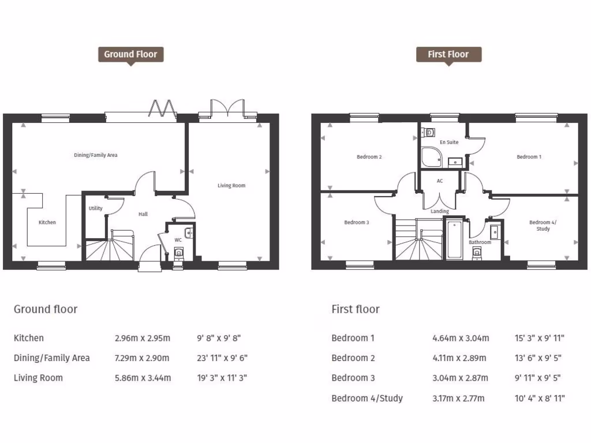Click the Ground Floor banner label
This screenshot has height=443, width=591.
130,54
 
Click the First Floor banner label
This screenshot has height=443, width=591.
448,54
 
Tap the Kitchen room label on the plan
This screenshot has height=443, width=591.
47,222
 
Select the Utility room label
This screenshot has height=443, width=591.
95,208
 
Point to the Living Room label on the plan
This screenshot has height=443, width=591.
231,186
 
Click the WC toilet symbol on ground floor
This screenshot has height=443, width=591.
178,253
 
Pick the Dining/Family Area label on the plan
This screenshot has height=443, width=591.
96,155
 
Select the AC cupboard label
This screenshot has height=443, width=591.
440,181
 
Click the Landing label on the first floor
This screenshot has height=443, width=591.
440,211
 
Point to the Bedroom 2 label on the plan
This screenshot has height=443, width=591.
369,157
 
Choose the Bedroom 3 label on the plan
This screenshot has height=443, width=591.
356,222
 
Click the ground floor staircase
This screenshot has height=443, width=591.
110,247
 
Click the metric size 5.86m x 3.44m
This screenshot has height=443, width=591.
143,378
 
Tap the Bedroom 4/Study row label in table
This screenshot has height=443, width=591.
367,398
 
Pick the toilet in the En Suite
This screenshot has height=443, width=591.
429,133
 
